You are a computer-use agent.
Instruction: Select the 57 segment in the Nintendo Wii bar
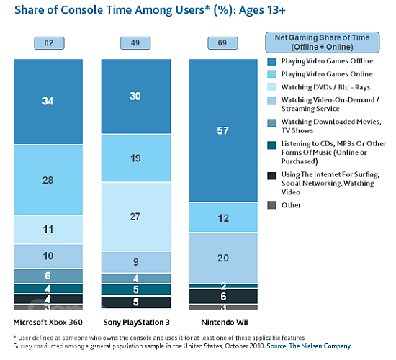click(x=222, y=130)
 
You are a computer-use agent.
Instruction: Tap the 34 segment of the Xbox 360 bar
click(x=48, y=101)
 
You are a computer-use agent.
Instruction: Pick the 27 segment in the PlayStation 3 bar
click(x=135, y=217)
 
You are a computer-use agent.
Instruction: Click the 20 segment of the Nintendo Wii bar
click(x=222, y=258)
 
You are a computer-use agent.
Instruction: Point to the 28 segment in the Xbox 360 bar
click(x=48, y=179)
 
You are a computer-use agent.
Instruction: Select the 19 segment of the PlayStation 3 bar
click(x=135, y=158)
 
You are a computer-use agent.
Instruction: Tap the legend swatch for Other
click(x=271, y=205)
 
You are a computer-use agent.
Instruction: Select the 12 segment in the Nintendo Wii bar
click(x=222, y=217)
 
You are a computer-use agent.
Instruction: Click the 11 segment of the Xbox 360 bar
click(x=48, y=230)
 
